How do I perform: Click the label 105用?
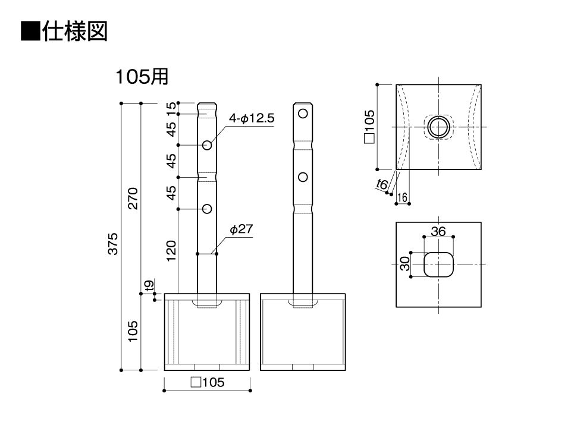pyautogui.click(x=142, y=77)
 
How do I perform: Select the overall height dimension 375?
pyautogui.click(x=113, y=244)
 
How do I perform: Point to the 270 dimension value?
pyautogui.click(x=133, y=199)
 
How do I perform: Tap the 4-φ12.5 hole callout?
pyautogui.click(x=252, y=118)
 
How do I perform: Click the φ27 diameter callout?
pyautogui.click(x=241, y=229)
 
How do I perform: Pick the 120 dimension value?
pyautogui.click(x=171, y=251)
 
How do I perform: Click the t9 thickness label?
pyautogui.click(x=149, y=286)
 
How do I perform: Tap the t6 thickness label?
pyautogui.click(x=382, y=184)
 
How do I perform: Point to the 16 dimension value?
pyautogui.click(x=403, y=197)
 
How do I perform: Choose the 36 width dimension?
pyautogui.click(x=438, y=231)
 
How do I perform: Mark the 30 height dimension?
pyautogui.click(x=404, y=264)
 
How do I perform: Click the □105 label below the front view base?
pyautogui.click(x=207, y=382)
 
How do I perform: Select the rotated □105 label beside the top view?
pyautogui.click(x=369, y=127)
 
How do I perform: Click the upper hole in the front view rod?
pyautogui.click(x=207, y=145)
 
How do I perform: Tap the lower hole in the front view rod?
pyautogui.click(x=207, y=209)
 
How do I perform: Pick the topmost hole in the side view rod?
pyautogui.click(x=303, y=114)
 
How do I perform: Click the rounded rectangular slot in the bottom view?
pyautogui.click(x=438, y=265)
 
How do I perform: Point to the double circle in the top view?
pyautogui.click(x=438, y=127)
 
